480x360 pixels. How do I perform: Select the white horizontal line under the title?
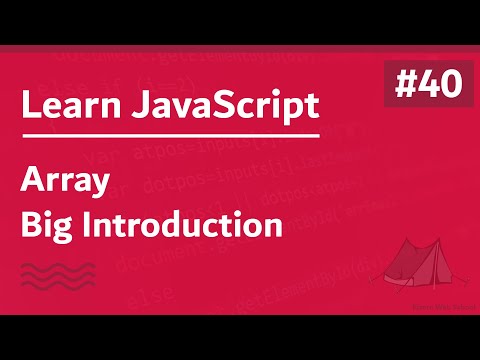pyautogui.click(x=169, y=135)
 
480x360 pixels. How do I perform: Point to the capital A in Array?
pyautogui.click(x=32, y=183)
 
